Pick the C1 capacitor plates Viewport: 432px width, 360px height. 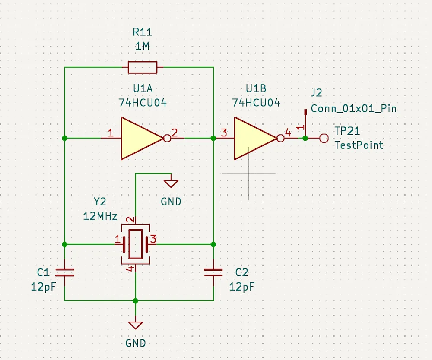[65, 272]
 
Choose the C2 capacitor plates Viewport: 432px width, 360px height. [213, 272]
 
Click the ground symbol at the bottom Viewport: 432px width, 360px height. [136, 325]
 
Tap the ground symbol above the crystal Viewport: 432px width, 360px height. [171, 183]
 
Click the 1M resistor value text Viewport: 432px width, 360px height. [143, 46]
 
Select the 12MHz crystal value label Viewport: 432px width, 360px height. [100, 216]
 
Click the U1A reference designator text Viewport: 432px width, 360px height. [143, 88]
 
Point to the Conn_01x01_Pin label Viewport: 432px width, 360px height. [354, 109]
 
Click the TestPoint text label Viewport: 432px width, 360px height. [359, 145]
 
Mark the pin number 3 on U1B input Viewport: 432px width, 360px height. [224, 133]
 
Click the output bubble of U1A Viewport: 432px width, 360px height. [167, 138]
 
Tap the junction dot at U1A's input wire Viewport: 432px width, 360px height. [64, 138]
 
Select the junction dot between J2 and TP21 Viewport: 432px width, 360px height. [305, 138]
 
